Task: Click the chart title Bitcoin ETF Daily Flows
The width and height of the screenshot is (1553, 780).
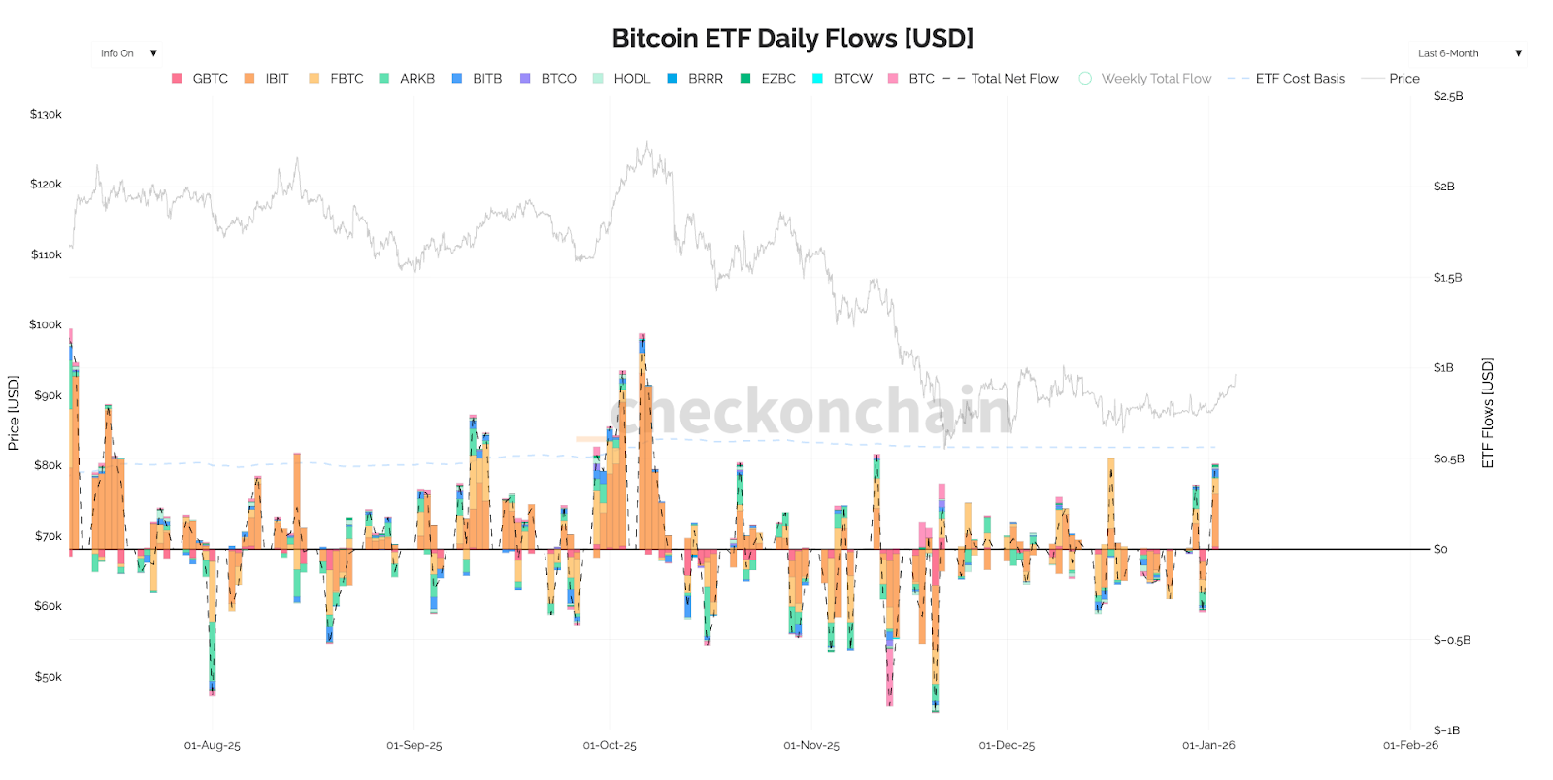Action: (792, 38)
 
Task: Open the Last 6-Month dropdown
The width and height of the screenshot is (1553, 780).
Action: (1469, 53)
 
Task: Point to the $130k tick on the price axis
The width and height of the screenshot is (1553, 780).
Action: (46, 115)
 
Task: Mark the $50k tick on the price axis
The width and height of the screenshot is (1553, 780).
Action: (48, 677)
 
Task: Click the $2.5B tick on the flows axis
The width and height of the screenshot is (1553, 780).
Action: (1448, 96)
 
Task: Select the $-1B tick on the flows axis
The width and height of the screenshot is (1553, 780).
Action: (1446, 730)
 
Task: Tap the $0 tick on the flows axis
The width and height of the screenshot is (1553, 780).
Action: (1440, 550)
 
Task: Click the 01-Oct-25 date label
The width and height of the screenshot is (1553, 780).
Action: (610, 746)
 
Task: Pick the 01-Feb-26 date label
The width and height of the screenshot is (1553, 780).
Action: (1410, 746)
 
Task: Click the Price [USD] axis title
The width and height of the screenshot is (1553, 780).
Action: (14, 413)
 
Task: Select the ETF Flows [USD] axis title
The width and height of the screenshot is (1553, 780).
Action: (1487, 413)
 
